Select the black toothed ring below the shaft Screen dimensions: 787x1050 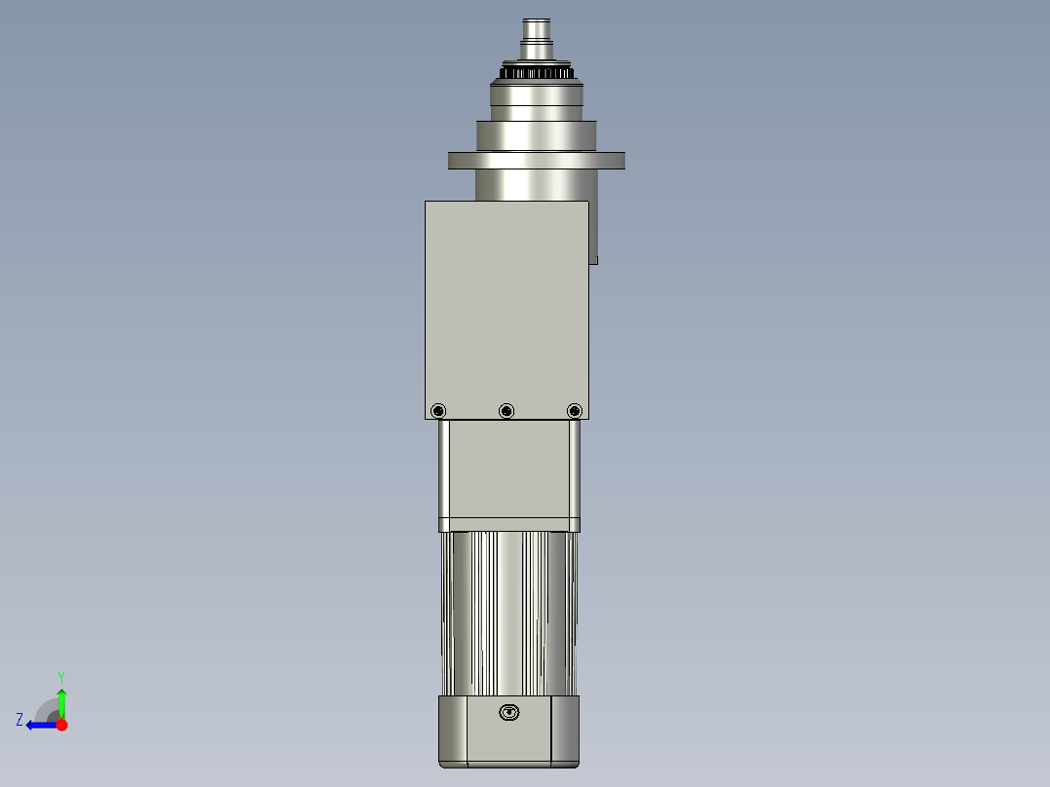pos(537,73)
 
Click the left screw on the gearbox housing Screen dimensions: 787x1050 pos(438,411)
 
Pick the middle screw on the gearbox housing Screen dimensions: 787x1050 pos(506,411)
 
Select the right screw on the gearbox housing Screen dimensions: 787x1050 pos(574,411)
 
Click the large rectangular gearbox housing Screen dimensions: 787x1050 pos(506,302)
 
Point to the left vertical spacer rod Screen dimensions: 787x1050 pos(444,472)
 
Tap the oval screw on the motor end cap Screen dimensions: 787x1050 pos(508,712)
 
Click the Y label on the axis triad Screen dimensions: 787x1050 pos(60,676)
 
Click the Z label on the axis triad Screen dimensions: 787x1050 pos(19,719)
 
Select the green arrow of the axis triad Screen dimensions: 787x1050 pos(61,701)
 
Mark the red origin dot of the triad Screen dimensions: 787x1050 pos(62,725)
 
